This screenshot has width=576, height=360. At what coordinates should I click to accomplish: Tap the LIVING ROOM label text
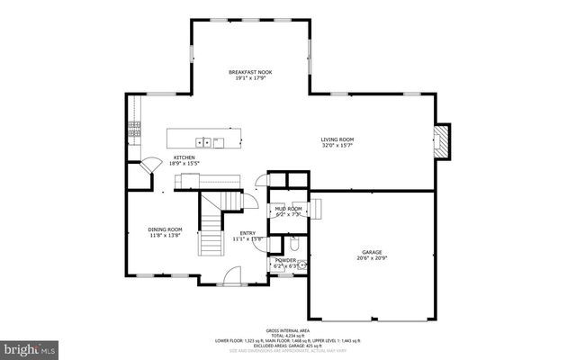(337, 139)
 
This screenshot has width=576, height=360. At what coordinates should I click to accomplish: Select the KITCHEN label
(184, 157)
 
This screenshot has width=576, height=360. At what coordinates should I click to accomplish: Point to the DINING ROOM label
(165, 229)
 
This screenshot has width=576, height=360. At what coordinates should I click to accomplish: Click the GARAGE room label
(373, 252)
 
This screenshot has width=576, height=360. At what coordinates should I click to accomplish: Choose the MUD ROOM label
(288, 209)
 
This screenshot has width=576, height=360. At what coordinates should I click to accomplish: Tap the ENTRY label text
(247, 233)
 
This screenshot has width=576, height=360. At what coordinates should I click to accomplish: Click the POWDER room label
(284, 260)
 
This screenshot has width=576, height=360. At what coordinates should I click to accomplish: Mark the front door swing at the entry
(232, 274)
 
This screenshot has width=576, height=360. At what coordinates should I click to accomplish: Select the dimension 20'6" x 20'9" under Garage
(373, 258)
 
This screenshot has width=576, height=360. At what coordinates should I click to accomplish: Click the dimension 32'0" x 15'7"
(337, 146)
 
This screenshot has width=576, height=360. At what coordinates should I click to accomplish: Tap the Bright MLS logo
(30, 346)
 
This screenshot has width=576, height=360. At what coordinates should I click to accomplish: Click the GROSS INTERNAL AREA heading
(287, 330)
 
